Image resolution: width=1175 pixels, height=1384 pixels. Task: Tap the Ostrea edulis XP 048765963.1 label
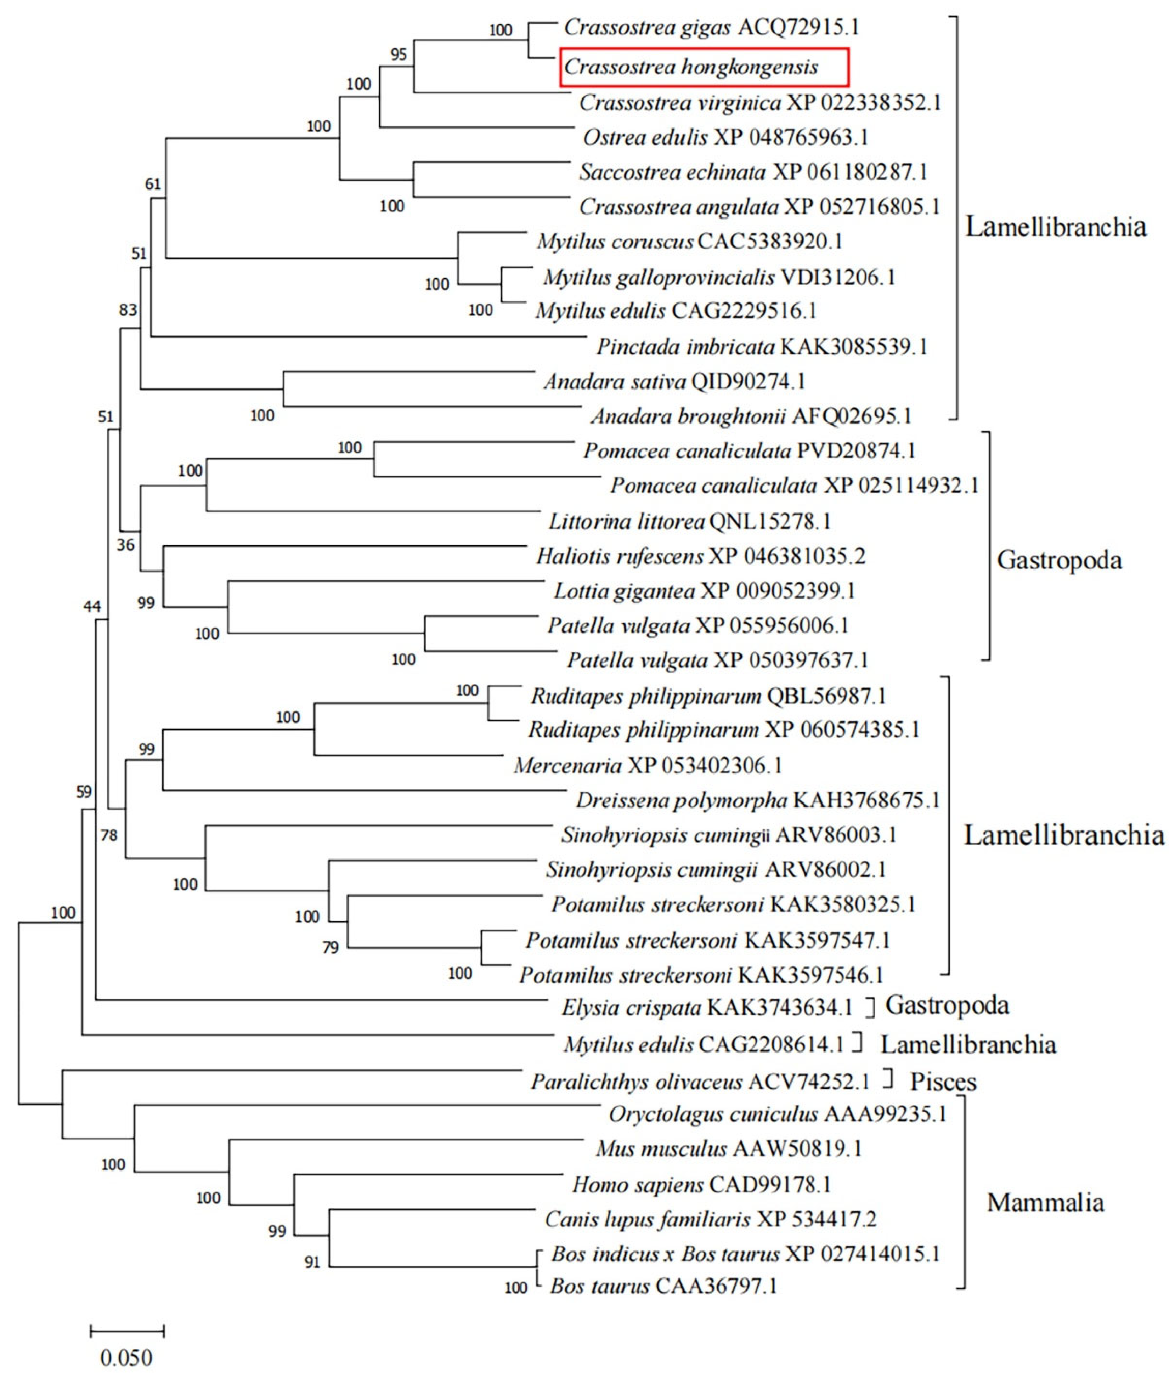[x=725, y=138]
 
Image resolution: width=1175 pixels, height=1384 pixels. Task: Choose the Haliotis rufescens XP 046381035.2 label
[x=700, y=556]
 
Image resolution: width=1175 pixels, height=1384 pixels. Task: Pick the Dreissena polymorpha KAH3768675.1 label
[x=757, y=800]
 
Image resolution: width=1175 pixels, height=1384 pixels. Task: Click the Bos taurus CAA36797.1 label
[x=663, y=1286]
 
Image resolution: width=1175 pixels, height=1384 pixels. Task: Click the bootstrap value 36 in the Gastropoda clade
[x=125, y=545]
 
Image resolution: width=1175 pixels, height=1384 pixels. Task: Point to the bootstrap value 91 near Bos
[x=312, y=1262]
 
